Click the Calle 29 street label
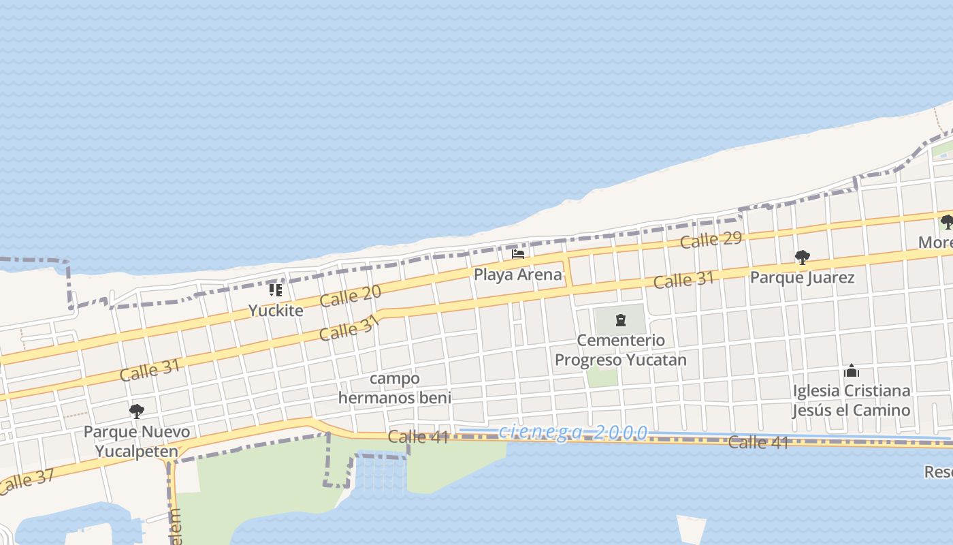[x=711, y=239]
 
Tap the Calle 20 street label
[x=351, y=296]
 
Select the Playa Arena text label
[x=518, y=275]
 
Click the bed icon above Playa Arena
[x=518, y=255]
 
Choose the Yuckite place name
[x=276, y=311]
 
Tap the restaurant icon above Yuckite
[x=276, y=290]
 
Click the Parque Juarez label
[x=802, y=277]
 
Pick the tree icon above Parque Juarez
[x=803, y=258]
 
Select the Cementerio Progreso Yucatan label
[x=620, y=349]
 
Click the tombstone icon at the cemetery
[x=620, y=320]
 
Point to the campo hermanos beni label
[x=395, y=388]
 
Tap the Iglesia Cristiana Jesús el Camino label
[x=851, y=401]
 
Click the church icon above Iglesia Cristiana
[x=851, y=371]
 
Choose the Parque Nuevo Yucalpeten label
[x=137, y=441]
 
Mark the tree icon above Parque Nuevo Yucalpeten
[x=137, y=411]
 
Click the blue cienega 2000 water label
[x=573, y=432]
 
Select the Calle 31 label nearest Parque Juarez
[x=684, y=279]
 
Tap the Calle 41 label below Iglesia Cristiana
[x=758, y=442]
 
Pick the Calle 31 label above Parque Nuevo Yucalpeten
[x=150, y=370]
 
